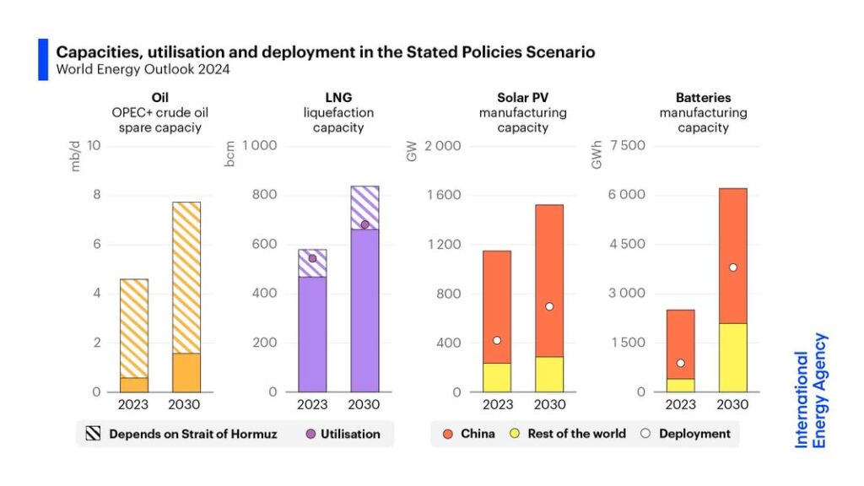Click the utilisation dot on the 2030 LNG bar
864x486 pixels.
[364, 224]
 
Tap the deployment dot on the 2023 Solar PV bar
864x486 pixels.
[497, 340]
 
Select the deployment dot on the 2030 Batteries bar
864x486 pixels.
[733, 267]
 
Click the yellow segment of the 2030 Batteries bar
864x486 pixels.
[733, 358]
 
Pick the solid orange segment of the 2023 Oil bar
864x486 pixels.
[134, 385]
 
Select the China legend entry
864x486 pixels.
[468, 434]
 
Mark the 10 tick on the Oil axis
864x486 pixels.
[94, 146]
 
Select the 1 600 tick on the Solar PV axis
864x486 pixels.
[443, 195]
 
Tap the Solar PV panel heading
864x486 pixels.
[523, 98]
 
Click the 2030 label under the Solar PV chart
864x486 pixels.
[549, 404]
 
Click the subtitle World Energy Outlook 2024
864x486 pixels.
[143, 69]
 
